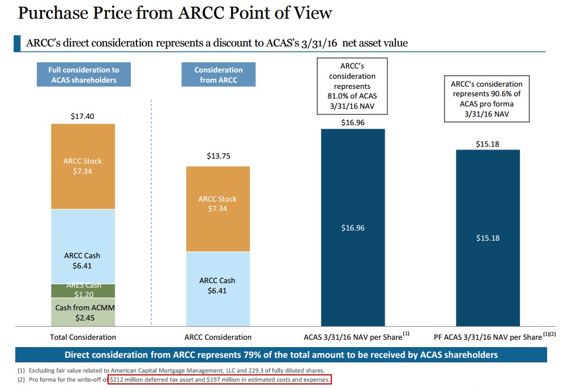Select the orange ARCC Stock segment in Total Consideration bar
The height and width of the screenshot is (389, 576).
click(x=83, y=166)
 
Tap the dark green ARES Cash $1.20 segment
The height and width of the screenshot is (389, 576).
click(x=83, y=290)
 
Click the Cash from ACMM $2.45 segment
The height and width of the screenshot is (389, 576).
click(x=83, y=312)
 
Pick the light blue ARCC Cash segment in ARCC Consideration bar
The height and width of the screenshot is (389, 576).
click(x=217, y=288)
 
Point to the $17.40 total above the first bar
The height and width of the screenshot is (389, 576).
click(x=83, y=116)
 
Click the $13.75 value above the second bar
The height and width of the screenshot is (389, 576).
click(x=217, y=156)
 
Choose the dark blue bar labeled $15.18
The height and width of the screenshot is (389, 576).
click(x=488, y=238)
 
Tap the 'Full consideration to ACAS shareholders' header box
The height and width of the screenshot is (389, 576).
click(x=83, y=75)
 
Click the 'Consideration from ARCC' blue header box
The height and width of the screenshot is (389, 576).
click(x=218, y=75)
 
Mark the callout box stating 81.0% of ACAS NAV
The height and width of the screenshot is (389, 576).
click(x=352, y=86)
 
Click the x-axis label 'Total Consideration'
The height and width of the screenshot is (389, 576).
click(x=83, y=337)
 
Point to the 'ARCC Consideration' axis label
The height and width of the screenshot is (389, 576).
click(x=218, y=337)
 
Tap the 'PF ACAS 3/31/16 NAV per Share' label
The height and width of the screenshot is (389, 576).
click(x=488, y=337)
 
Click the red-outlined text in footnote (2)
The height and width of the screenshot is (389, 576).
click(x=220, y=379)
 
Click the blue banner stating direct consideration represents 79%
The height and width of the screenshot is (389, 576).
click(x=281, y=355)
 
